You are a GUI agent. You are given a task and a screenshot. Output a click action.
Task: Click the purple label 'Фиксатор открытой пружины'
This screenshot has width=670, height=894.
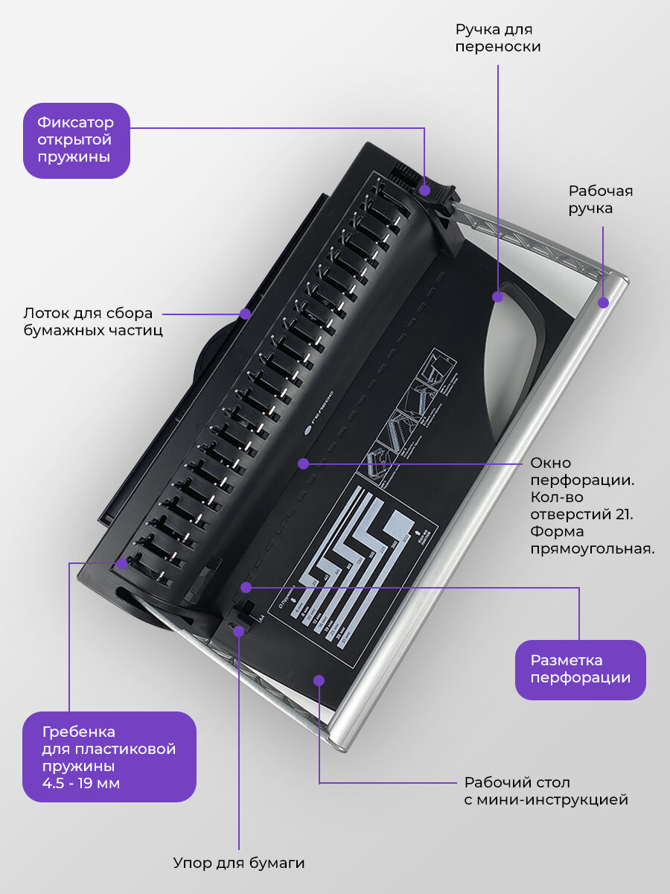(x=76, y=140)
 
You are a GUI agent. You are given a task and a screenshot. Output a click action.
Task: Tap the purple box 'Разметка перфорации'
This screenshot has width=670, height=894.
(x=580, y=669)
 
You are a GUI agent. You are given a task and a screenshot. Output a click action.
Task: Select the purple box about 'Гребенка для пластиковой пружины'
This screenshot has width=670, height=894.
(x=109, y=756)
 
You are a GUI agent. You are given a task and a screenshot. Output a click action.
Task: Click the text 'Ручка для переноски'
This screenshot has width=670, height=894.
(x=497, y=37)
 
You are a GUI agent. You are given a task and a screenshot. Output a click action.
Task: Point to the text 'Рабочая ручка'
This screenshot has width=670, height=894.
(x=600, y=199)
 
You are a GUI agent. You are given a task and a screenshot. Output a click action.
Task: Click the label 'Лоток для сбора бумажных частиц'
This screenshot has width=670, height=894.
(x=92, y=321)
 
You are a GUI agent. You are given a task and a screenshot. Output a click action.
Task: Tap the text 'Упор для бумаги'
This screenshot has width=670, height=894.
(x=239, y=863)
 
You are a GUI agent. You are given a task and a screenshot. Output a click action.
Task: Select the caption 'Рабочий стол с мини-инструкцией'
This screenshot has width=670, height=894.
(x=546, y=791)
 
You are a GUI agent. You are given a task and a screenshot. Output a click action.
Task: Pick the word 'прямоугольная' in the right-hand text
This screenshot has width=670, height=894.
(x=592, y=550)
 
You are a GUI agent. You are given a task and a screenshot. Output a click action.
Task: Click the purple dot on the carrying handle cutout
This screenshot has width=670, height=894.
(x=497, y=297)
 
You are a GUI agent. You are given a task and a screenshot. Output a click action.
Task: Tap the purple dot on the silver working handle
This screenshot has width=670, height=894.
(x=604, y=302)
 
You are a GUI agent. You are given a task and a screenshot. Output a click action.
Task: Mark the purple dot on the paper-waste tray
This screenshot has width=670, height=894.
(x=244, y=314)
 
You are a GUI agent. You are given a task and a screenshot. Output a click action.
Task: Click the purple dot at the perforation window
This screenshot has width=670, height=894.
(x=303, y=463)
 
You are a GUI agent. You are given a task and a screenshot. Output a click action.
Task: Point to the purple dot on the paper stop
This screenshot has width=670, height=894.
(x=239, y=631)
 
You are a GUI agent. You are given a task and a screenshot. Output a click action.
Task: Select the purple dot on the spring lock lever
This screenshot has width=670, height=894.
(x=424, y=190)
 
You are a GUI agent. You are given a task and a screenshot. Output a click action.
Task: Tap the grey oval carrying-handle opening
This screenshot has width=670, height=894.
(x=514, y=350)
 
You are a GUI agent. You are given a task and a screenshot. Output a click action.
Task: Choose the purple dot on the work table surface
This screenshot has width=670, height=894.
(x=319, y=679)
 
